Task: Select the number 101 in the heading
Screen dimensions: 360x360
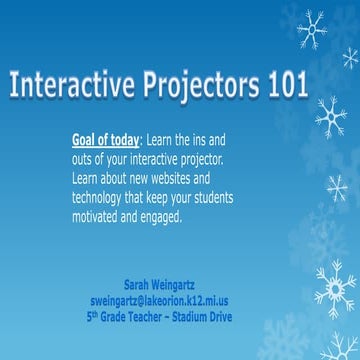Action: pyautogui.click(x=286, y=87)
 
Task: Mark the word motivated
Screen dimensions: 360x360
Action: pyautogui.click(x=100, y=217)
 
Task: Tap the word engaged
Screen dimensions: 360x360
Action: pyautogui.click(x=161, y=217)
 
